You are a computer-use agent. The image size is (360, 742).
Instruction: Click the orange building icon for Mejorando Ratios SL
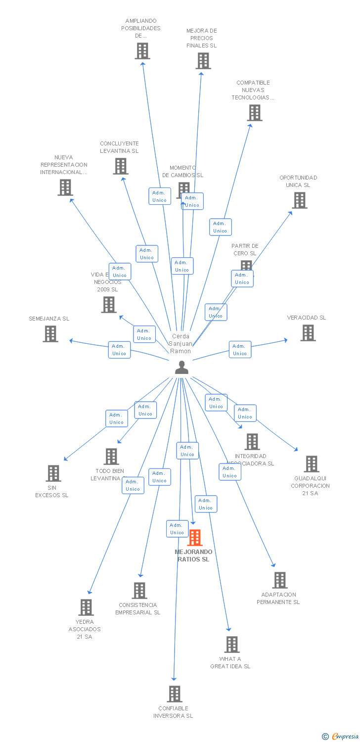coord(195,538)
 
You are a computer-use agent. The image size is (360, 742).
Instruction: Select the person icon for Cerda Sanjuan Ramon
coord(182,367)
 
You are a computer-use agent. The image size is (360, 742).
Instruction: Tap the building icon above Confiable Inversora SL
coord(174,694)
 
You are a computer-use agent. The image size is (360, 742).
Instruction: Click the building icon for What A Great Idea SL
coord(232,645)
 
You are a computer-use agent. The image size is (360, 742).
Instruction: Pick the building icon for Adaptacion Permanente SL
coord(279,580)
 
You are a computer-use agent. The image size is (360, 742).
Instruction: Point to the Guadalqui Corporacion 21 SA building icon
coord(311,464)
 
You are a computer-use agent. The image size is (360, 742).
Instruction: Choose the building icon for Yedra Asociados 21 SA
coord(86,607)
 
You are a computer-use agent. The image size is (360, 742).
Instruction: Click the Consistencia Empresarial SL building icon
coord(139,591)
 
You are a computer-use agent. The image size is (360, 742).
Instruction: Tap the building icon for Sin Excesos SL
coord(53,473)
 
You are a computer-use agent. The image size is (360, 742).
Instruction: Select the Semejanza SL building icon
coord(50,334)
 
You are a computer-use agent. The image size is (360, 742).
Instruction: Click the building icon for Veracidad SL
coord(308,333)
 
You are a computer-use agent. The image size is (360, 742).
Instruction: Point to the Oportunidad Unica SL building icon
coord(299,200)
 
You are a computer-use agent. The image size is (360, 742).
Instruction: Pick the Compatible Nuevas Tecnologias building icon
coord(254,113)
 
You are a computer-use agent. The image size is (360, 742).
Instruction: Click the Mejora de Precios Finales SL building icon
coord(203,61)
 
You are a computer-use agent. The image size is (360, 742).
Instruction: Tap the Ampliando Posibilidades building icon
coord(142,51)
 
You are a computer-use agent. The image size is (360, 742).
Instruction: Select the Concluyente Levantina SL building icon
coord(120,166)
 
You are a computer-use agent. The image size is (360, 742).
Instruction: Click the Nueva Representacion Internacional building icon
coord(65,187)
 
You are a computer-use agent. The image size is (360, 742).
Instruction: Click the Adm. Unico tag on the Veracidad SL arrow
coord(240,350)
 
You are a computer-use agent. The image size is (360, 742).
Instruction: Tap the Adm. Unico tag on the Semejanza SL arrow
coord(119,350)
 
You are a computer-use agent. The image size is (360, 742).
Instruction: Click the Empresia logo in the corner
coord(341,737)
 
